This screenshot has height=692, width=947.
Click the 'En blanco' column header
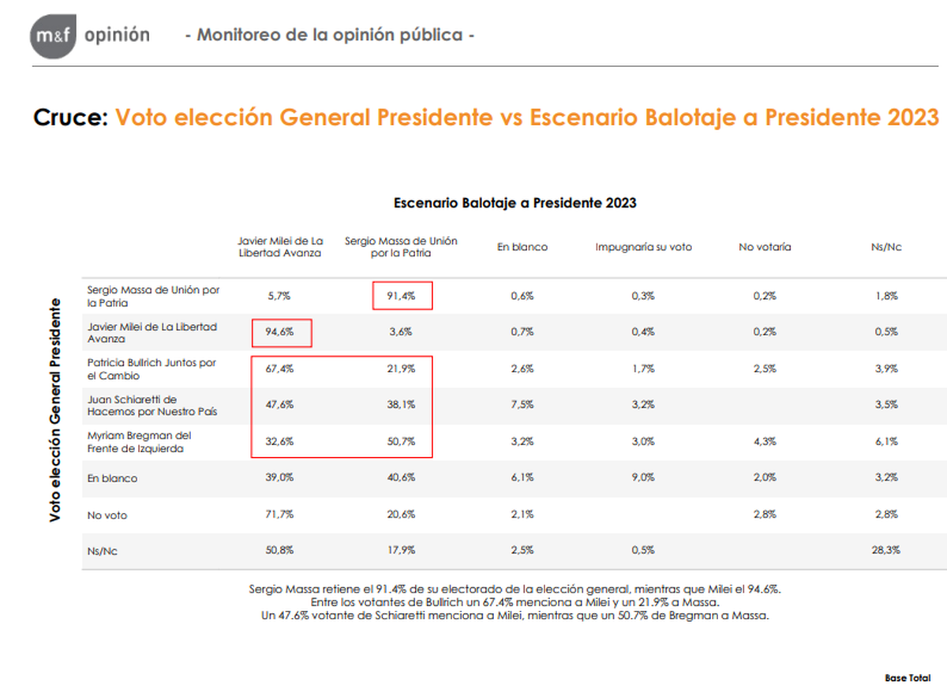tap(522, 247)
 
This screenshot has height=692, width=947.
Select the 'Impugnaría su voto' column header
tap(643, 247)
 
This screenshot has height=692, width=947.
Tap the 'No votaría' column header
tap(765, 247)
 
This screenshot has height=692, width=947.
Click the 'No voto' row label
tap(107, 514)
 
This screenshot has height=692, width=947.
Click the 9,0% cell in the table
tap(643, 478)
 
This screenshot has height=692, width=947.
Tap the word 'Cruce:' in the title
tap(70, 118)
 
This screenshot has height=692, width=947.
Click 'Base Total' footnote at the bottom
tap(908, 678)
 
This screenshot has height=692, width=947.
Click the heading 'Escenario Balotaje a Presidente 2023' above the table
tap(515, 203)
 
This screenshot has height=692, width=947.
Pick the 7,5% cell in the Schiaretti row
tap(522, 406)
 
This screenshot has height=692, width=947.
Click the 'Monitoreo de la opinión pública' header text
tap(329, 36)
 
